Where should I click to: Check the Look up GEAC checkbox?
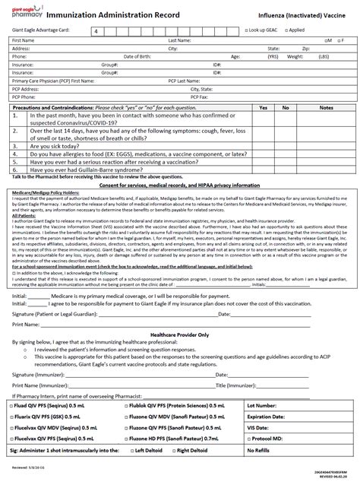(x=247, y=30)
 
